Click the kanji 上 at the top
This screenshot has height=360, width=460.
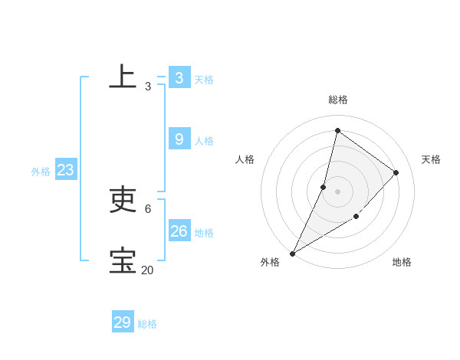pos(123,77)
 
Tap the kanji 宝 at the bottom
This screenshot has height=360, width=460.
pos(123,260)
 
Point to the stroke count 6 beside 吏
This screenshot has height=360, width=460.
pos(147,208)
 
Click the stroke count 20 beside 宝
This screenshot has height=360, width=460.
pos(147,270)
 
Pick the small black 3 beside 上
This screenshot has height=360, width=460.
pos(147,87)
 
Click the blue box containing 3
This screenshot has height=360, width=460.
pos(179,77)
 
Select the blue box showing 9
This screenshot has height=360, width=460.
pos(179,139)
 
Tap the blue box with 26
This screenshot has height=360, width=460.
pos(179,231)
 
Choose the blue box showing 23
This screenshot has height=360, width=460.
pos(65,170)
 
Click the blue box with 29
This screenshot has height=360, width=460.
pos(122,322)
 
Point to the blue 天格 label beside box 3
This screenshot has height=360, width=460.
pos(204,80)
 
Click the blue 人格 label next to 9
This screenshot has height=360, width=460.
pos(204,141)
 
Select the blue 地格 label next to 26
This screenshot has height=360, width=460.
pos(204,233)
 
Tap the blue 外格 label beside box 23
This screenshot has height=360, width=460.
pos(41,172)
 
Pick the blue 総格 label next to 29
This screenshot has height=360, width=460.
pos(147,325)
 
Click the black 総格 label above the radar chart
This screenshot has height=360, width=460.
pos(338,100)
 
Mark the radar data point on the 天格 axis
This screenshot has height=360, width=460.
pos(396,172)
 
